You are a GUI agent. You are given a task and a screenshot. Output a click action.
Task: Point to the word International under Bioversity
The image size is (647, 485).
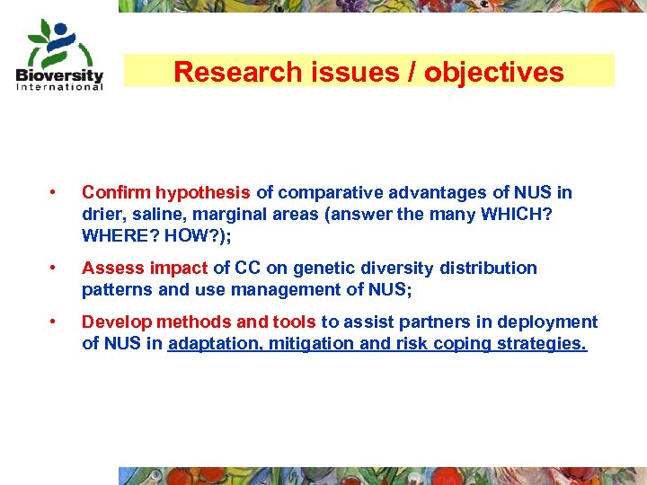[x=59, y=87]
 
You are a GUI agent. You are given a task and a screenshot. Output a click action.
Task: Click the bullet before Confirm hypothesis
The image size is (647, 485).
[x=55, y=192]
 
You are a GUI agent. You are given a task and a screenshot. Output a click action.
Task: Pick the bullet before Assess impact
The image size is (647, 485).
[x=55, y=268]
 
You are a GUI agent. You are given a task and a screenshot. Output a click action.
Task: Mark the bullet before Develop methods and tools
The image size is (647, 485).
[x=55, y=322]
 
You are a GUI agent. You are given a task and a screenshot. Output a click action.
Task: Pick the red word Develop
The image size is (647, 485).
[x=116, y=322]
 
